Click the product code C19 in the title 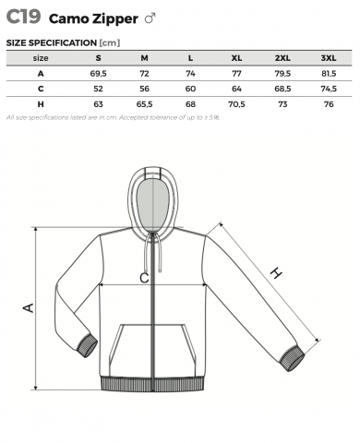23,17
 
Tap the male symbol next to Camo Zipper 150,18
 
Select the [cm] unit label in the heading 110,42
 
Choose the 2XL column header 282,58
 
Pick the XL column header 236,58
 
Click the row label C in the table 41,89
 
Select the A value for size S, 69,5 98,74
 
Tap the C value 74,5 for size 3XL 329,89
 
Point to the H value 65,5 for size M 144,104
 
